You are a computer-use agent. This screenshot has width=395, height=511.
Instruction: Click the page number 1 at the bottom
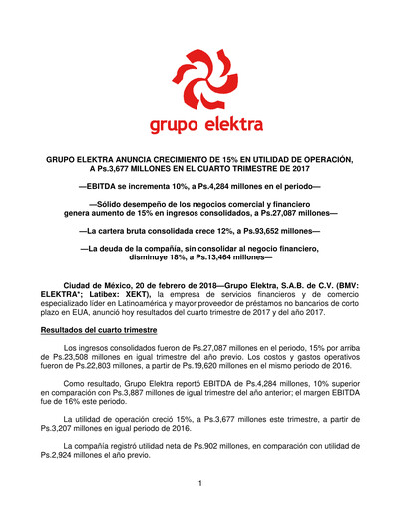(x=199, y=483)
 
